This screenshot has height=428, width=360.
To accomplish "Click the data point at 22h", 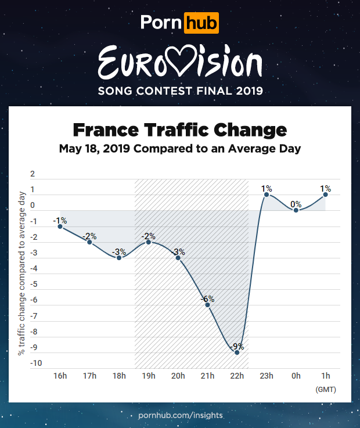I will click(237, 352).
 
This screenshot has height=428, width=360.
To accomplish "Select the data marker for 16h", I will click(60, 226).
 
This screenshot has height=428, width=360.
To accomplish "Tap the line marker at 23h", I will click(267, 195).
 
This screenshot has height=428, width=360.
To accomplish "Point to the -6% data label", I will click(207, 299).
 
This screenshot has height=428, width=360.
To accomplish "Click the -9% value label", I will click(237, 346).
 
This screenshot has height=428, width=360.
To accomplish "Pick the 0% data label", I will click(296, 204).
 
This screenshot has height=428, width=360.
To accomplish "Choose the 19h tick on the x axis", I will click(149, 376).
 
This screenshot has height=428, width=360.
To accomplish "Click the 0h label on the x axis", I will click(296, 376).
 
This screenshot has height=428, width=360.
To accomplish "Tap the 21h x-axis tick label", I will click(208, 376).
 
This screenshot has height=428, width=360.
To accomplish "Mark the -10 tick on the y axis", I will click(35, 364).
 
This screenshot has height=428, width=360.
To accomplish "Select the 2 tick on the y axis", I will click(33, 174).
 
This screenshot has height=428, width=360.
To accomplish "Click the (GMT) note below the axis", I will click(326, 389).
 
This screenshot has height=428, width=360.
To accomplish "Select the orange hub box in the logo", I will click(201, 23).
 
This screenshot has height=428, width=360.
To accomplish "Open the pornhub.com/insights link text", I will click(180, 416).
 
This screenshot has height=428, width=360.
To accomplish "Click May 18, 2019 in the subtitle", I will click(95, 148).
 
